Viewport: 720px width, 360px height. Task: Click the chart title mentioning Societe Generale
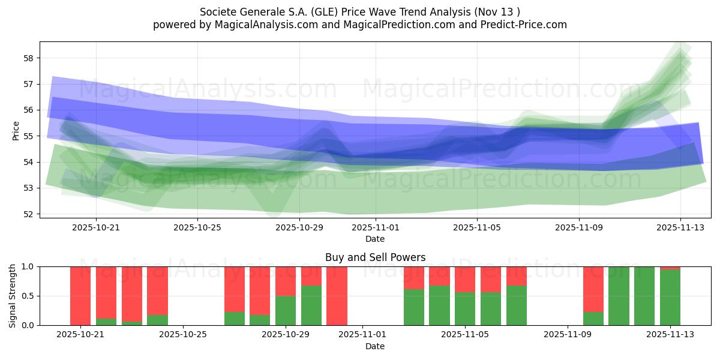[x=360, y=11]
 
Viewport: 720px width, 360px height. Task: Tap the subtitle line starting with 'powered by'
[x=360, y=25]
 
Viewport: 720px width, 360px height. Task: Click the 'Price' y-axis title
[x=16, y=131]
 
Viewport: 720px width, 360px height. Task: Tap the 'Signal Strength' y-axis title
[x=13, y=296]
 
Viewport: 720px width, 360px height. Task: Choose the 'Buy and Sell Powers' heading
[x=375, y=257]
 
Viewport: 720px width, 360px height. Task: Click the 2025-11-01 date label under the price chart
[x=376, y=228]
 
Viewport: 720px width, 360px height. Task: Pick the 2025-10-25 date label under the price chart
[x=197, y=228]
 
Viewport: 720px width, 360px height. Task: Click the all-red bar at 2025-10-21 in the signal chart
[x=80, y=296]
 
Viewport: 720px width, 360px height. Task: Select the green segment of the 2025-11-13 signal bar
[x=670, y=298]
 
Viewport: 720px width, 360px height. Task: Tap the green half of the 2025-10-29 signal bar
[x=286, y=310]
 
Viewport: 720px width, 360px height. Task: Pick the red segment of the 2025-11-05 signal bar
[x=465, y=279]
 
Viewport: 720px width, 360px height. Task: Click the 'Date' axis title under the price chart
[x=375, y=239]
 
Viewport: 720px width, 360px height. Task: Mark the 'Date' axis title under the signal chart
[x=375, y=346]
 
